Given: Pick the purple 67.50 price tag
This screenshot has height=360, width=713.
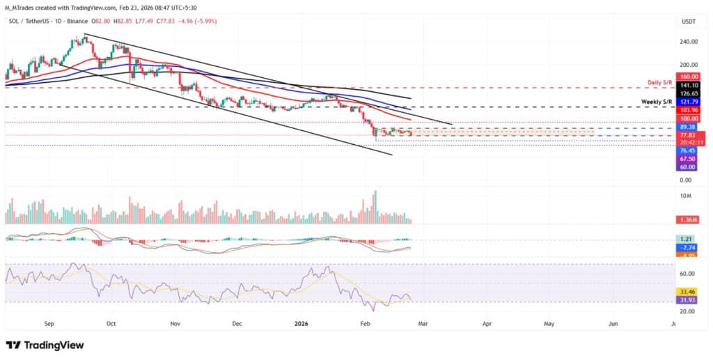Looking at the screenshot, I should coord(688,159).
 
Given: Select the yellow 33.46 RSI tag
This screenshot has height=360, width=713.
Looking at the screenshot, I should coord(688,292).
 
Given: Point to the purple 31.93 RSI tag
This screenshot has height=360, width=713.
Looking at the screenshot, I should coord(688,300).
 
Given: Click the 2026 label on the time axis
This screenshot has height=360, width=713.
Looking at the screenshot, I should coord(301,324).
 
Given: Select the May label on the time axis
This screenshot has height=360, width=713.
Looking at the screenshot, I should coord(549,324).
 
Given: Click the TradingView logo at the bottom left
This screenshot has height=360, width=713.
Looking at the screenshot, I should coord(45,345).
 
